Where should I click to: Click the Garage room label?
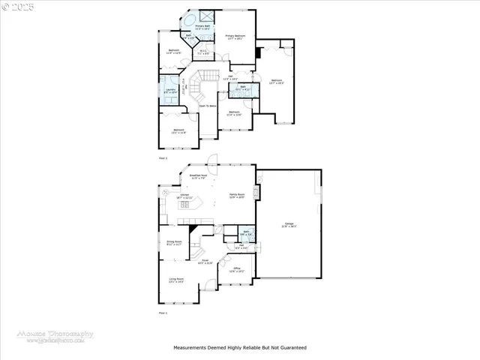pos(288,226)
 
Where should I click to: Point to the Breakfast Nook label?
pos(199,177)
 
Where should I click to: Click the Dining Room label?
pos(174,243)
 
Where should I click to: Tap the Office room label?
pos(236,269)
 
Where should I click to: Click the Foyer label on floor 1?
pos(205,262)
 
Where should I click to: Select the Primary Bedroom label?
pos(235,37)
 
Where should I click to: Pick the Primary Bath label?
pos(202,28)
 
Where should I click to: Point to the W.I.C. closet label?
pos(202,52)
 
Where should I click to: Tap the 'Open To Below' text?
pos(208,106)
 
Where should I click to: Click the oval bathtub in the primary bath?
pos(187,18)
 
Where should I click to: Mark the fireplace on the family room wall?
pos(257,193)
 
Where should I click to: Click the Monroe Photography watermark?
pos(56,336)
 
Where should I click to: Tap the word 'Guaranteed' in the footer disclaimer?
pos(292,348)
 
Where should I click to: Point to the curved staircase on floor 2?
pos(198,84)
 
